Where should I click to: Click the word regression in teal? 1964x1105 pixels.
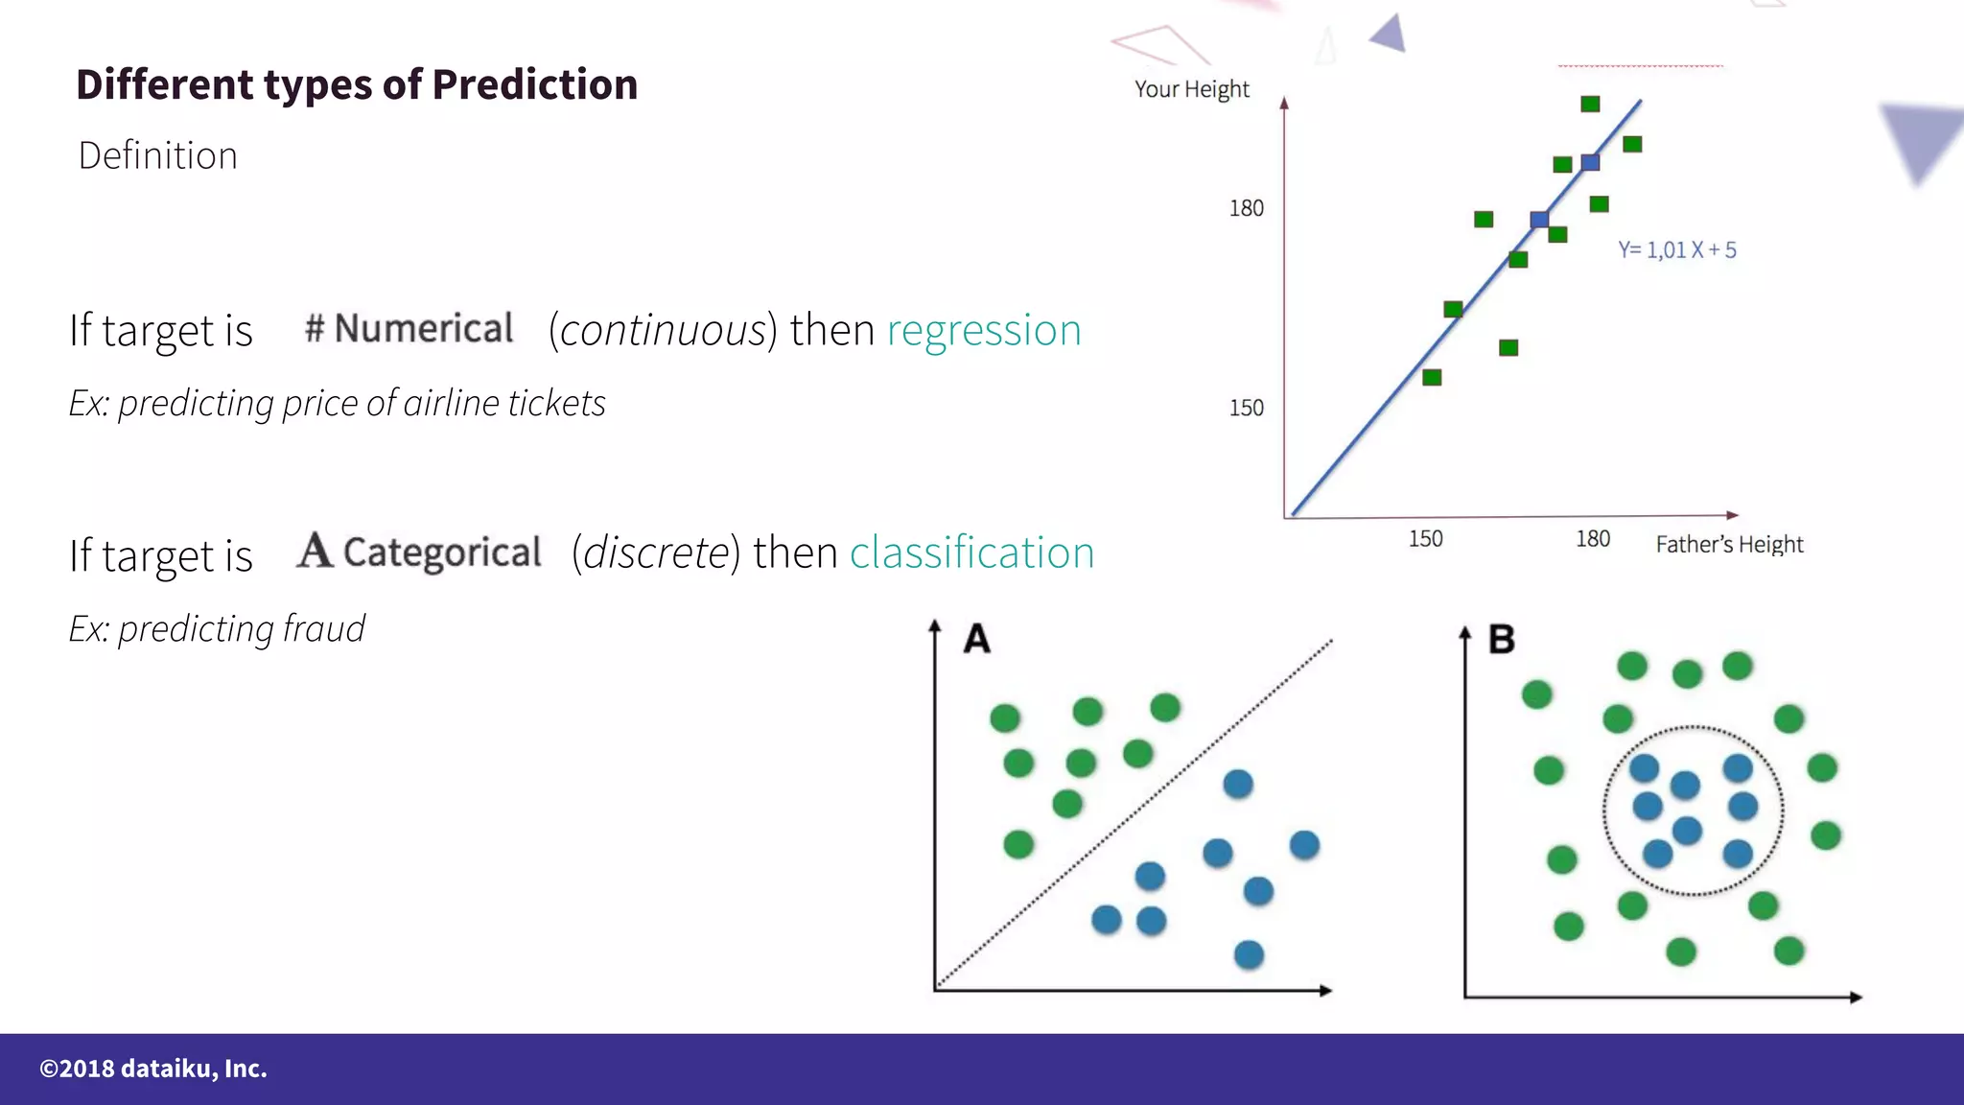click(984, 331)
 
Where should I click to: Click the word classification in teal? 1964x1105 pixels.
click(971, 553)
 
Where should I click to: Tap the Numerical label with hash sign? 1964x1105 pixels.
click(409, 329)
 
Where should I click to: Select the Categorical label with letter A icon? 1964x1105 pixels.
click(420, 552)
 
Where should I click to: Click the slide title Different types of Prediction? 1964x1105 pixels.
click(357, 84)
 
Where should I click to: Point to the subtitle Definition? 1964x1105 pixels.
click(158, 155)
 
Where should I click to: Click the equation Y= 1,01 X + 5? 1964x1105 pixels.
click(1677, 250)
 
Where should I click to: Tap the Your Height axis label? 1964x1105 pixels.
click(1192, 89)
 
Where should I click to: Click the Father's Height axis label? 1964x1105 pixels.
click(1729, 545)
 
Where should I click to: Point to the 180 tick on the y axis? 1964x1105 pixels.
click(1247, 208)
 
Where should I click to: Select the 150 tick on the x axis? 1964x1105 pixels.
click(1425, 539)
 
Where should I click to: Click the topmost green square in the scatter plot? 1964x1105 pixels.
click(1590, 104)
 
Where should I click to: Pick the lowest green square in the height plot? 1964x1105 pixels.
click(1432, 377)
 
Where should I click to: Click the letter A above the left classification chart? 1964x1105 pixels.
click(976, 639)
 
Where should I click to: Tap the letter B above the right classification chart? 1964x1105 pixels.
click(1501, 639)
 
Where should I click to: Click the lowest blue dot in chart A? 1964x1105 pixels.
click(1249, 954)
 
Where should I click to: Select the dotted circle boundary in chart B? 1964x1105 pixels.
click(1604, 811)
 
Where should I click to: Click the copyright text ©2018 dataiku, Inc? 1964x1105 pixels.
click(153, 1069)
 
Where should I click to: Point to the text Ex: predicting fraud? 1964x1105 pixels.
click(217, 629)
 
